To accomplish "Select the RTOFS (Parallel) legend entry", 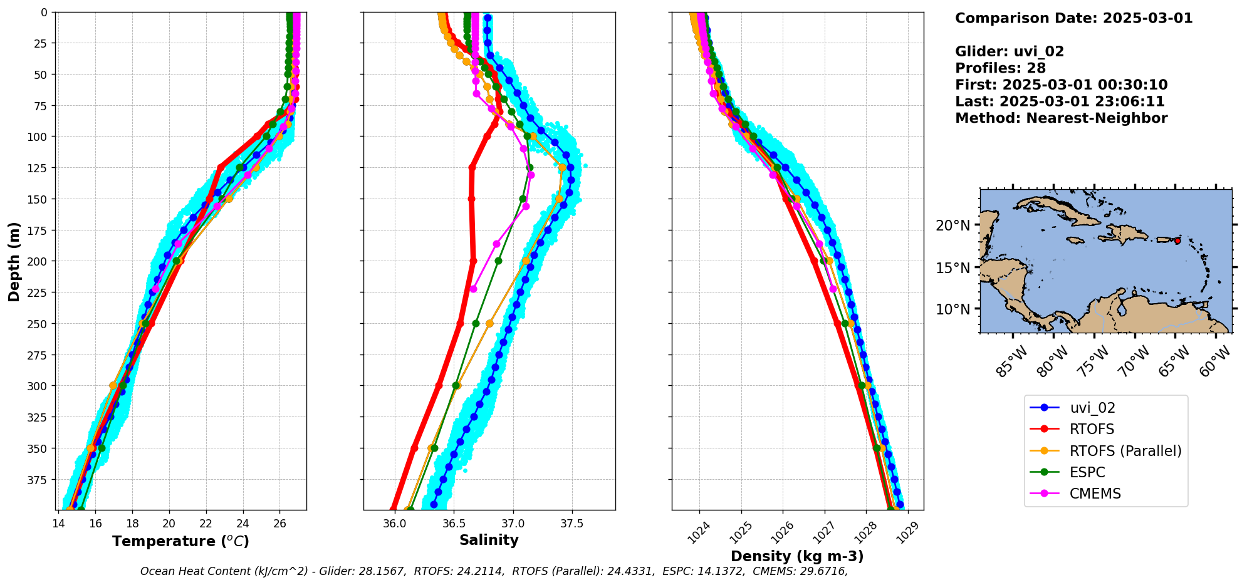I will click(x=1125, y=451).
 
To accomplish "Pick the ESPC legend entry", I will click(x=1087, y=472).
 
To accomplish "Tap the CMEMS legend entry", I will click(x=1095, y=494).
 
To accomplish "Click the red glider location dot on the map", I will click(x=1177, y=241).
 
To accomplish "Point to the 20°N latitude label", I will click(x=952, y=225).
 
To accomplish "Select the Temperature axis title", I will click(x=180, y=541).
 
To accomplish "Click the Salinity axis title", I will click(x=489, y=541).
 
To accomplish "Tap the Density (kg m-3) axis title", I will click(x=797, y=556).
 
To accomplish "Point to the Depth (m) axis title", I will click(x=14, y=261).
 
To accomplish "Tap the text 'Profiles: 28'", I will click(x=1000, y=68).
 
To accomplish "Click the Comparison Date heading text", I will click(x=1073, y=18).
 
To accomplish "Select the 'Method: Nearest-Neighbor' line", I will click(x=1061, y=118).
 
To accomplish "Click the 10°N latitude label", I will click(x=952, y=309).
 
